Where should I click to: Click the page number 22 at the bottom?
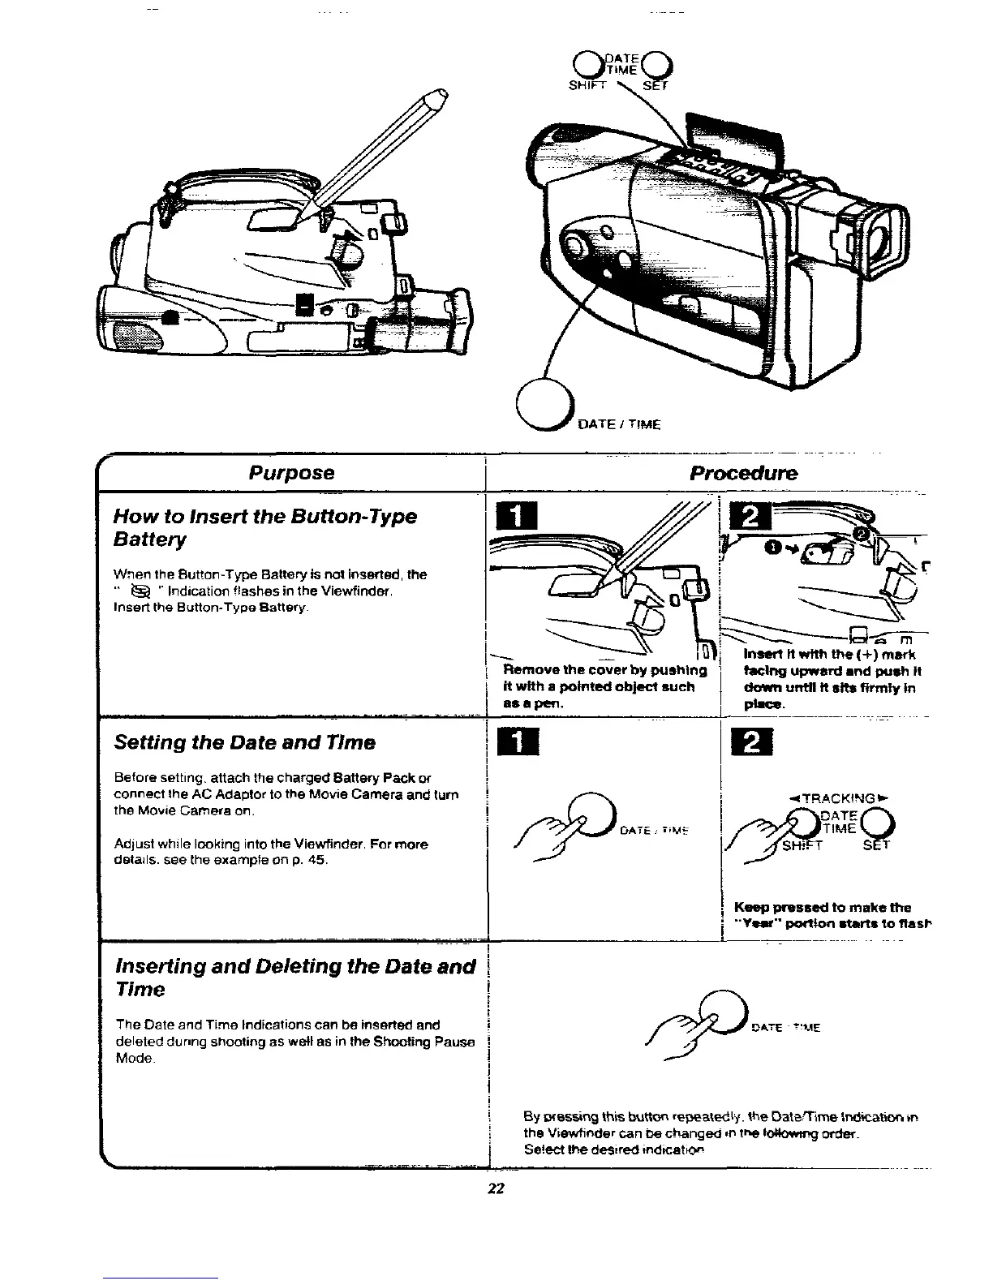coord(496,1188)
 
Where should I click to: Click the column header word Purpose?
coord(291,473)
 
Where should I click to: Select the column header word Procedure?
coord(743,473)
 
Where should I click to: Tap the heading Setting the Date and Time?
coord(244,742)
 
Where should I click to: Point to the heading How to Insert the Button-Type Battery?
coord(265,527)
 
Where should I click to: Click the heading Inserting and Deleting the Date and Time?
coord(295,978)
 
